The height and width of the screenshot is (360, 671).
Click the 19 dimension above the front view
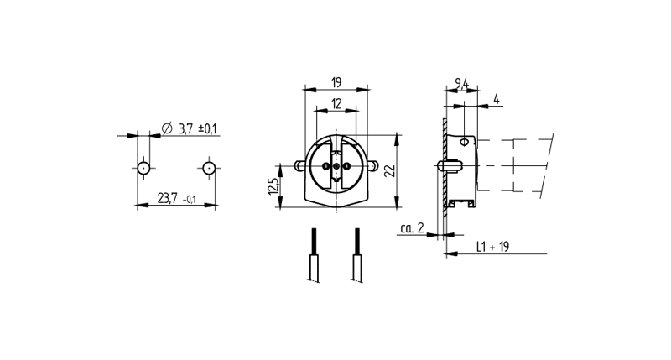[335, 81]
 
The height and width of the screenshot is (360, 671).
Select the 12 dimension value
[335, 103]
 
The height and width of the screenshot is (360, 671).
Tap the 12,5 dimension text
[273, 185]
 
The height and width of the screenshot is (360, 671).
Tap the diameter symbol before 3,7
[165, 128]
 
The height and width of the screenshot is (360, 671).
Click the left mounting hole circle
[144, 168]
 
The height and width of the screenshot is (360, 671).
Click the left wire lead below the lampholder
[313, 256]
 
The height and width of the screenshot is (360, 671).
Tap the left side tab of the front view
[299, 166]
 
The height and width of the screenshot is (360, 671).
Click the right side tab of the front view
[374, 166]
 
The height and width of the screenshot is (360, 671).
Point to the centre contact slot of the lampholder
[336, 167]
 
